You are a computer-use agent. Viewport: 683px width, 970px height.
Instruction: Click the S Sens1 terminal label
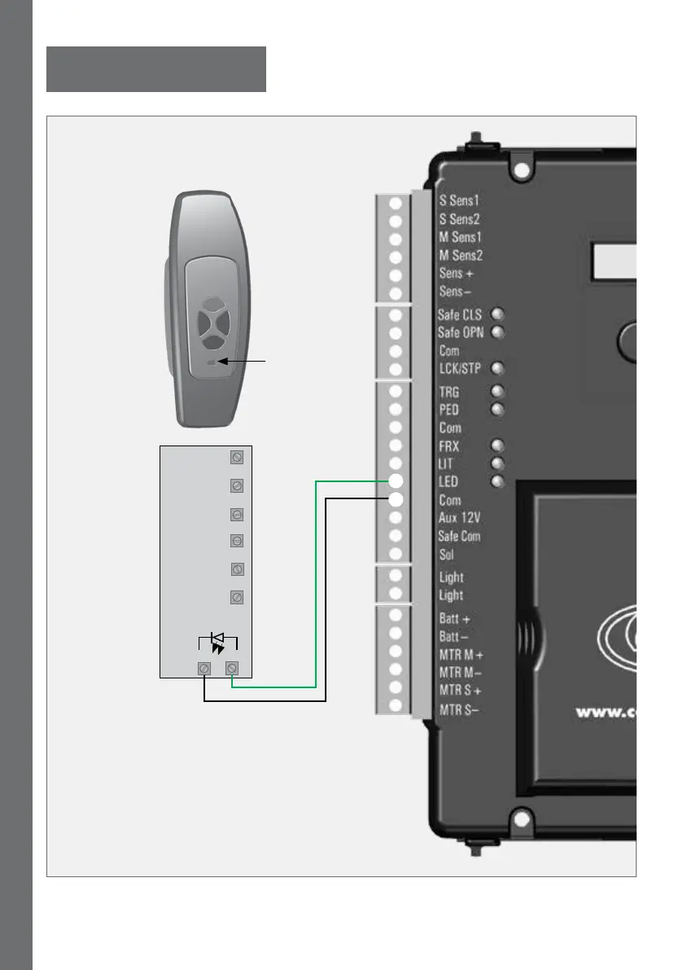(x=459, y=200)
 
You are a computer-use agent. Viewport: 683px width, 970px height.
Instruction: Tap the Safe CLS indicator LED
(x=497, y=314)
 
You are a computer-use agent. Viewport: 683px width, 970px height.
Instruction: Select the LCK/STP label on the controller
(x=460, y=368)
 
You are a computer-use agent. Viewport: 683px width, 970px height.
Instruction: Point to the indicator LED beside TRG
(x=497, y=392)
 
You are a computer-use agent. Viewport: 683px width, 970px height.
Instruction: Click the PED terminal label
(x=450, y=410)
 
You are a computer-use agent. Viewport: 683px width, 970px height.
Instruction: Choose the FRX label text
(x=450, y=446)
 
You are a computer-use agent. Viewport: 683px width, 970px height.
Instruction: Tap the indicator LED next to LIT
(x=497, y=463)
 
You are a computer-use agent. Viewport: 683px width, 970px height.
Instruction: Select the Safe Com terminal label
(x=460, y=536)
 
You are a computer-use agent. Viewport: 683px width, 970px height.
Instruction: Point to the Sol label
(x=447, y=555)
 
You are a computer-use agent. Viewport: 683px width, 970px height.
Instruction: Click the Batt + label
(x=455, y=619)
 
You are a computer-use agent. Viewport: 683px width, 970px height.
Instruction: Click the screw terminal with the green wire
(x=233, y=669)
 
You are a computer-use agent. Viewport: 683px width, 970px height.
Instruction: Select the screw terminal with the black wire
(x=204, y=669)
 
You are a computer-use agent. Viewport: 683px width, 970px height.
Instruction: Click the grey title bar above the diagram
(x=156, y=69)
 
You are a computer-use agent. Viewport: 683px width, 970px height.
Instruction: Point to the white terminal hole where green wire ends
(x=396, y=482)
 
